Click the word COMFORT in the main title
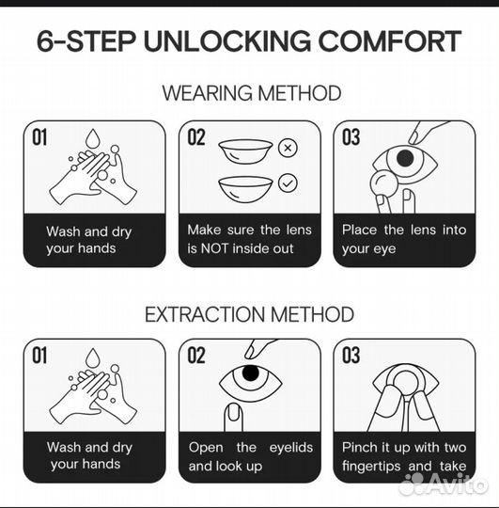[x=390, y=41]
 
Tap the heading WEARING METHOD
[x=252, y=93]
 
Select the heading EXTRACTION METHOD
[x=249, y=314]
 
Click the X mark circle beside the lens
[x=288, y=148]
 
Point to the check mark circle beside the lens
[x=288, y=183]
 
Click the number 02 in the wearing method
[x=196, y=137]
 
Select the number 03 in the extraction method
[x=351, y=355]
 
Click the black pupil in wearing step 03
[x=405, y=158]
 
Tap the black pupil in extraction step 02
[x=251, y=373]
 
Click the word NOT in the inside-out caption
[x=215, y=248]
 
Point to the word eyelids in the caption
[x=291, y=448]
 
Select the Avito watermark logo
[x=443, y=484]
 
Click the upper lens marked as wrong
[x=245, y=151]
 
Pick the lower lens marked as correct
[x=245, y=189]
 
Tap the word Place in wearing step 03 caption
[x=360, y=230]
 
